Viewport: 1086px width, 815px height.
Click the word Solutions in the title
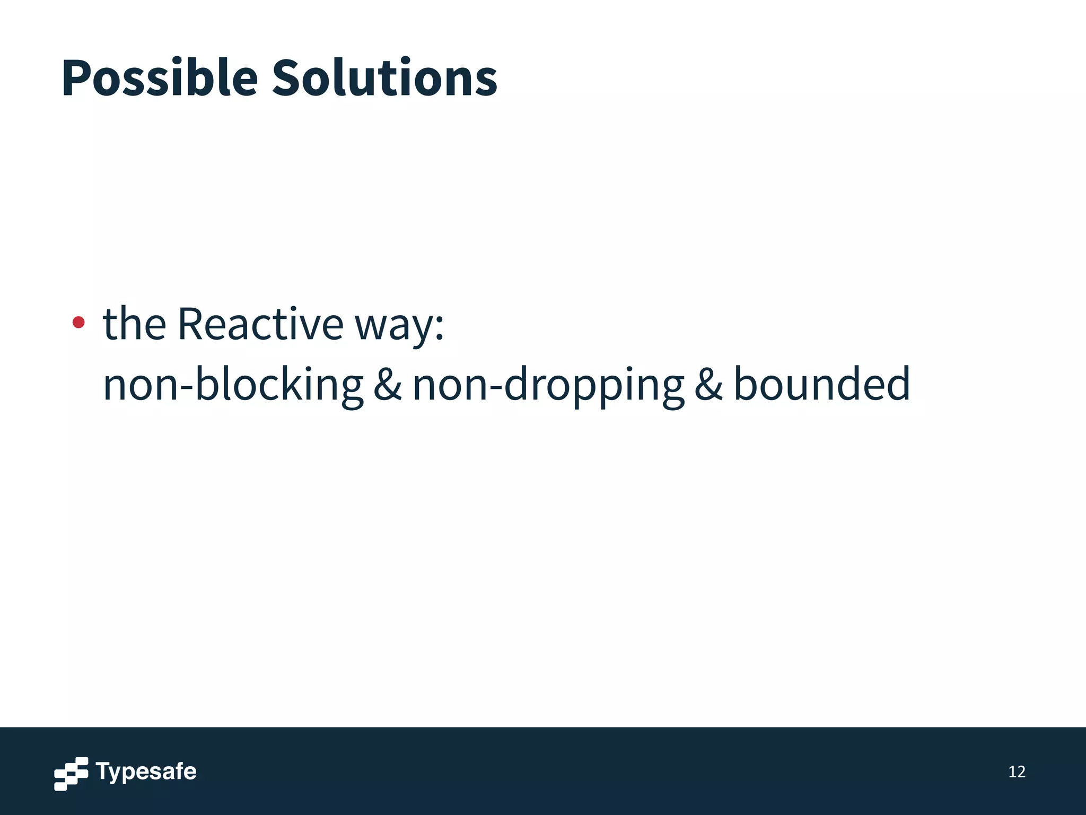384,79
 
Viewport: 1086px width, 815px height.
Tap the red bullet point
78,322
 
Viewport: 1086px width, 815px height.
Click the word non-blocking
233,385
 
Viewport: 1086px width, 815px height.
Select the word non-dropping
548,385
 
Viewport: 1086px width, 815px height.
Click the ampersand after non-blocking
388,385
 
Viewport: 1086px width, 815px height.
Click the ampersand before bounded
708,385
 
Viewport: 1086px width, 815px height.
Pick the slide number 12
1017,772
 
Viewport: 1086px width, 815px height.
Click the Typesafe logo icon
71,774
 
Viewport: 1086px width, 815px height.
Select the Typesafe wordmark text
146,771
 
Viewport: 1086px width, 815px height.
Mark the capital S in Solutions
290,79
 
